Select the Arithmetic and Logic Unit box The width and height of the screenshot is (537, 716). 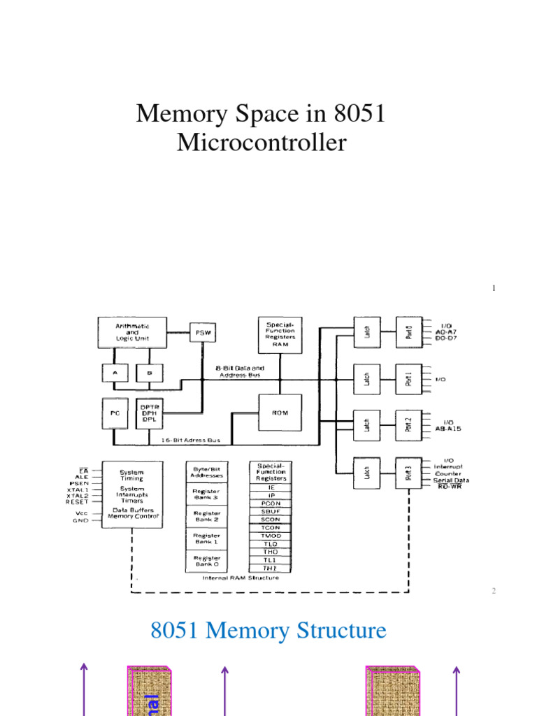(133, 332)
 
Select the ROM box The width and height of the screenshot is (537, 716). (280, 413)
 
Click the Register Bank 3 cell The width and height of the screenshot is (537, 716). (206, 495)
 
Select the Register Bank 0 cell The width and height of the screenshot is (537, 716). (206, 561)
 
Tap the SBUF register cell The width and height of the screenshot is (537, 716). (270, 511)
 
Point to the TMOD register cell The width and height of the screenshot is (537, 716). (270, 536)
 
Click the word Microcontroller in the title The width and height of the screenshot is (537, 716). (261, 143)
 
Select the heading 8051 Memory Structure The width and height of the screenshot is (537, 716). (268, 631)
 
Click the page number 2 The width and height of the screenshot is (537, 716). (493, 591)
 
